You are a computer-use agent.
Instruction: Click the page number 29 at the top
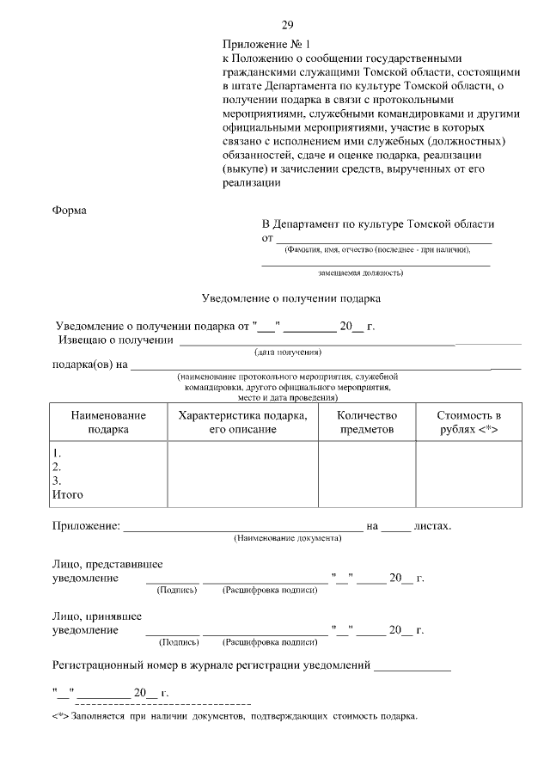point(287,24)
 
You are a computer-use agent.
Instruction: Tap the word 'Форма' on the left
point(69,211)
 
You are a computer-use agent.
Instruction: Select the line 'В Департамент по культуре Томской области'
point(378,224)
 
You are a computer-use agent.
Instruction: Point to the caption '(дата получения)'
point(287,352)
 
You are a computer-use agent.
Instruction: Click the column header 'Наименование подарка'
point(108,421)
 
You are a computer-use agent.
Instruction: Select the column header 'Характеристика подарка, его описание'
point(242,421)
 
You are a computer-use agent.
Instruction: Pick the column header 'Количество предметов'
point(368,421)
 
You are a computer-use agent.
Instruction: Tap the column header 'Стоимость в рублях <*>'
point(468,421)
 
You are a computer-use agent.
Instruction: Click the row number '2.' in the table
point(57,467)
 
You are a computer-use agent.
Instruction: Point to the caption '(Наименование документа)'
point(287,538)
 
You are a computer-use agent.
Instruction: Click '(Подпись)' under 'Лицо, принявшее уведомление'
point(178,642)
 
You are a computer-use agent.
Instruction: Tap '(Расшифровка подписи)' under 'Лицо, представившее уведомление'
point(270,591)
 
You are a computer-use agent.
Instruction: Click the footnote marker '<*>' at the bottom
point(60,716)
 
